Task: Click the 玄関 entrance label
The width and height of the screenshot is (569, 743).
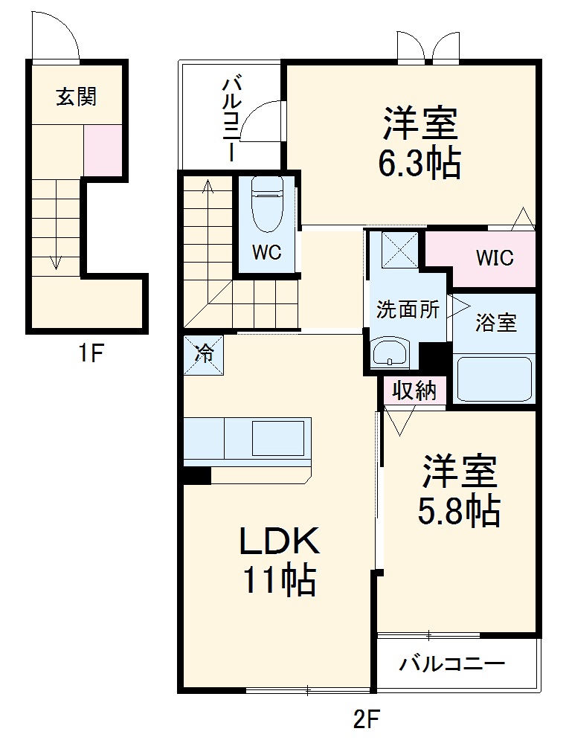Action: tap(76, 97)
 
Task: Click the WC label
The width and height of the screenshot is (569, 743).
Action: tap(266, 253)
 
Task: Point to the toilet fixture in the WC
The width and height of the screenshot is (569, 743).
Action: tap(266, 205)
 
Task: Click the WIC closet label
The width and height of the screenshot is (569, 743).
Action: tap(495, 258)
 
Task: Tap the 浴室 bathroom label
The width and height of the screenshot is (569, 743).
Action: tap(495, 324)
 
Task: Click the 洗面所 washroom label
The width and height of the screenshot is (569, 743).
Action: tap(407, 309)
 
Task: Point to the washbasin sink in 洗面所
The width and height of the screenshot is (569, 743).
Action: tap(390, 353)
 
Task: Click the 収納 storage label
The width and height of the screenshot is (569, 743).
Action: tap(414, 391)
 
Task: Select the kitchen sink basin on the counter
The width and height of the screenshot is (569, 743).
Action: tap(277, 439)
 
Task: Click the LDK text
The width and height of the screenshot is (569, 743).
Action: tap(279, 541)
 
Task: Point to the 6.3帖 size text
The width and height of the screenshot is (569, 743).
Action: tap(419, 163)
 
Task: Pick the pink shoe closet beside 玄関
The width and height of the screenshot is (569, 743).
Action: tap(102, 151)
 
